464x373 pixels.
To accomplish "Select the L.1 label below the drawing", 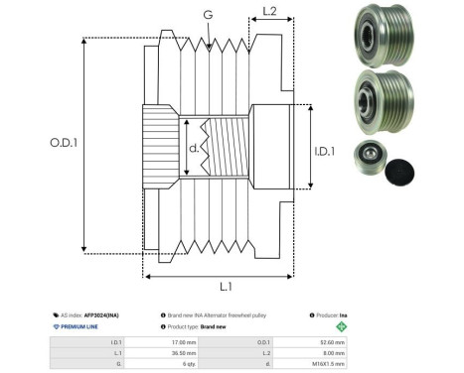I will pyautogui.click(x=227, y=286).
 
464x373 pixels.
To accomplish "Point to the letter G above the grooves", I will pyautogui.click(x=207, y=15).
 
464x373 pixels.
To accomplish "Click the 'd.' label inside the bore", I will pyautogui.click(x=195, y=150).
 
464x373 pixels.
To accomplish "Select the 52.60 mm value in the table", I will pyautogui.click(x=329, y=339).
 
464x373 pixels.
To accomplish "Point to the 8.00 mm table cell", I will pyautogui.click(x=331, y=351).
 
